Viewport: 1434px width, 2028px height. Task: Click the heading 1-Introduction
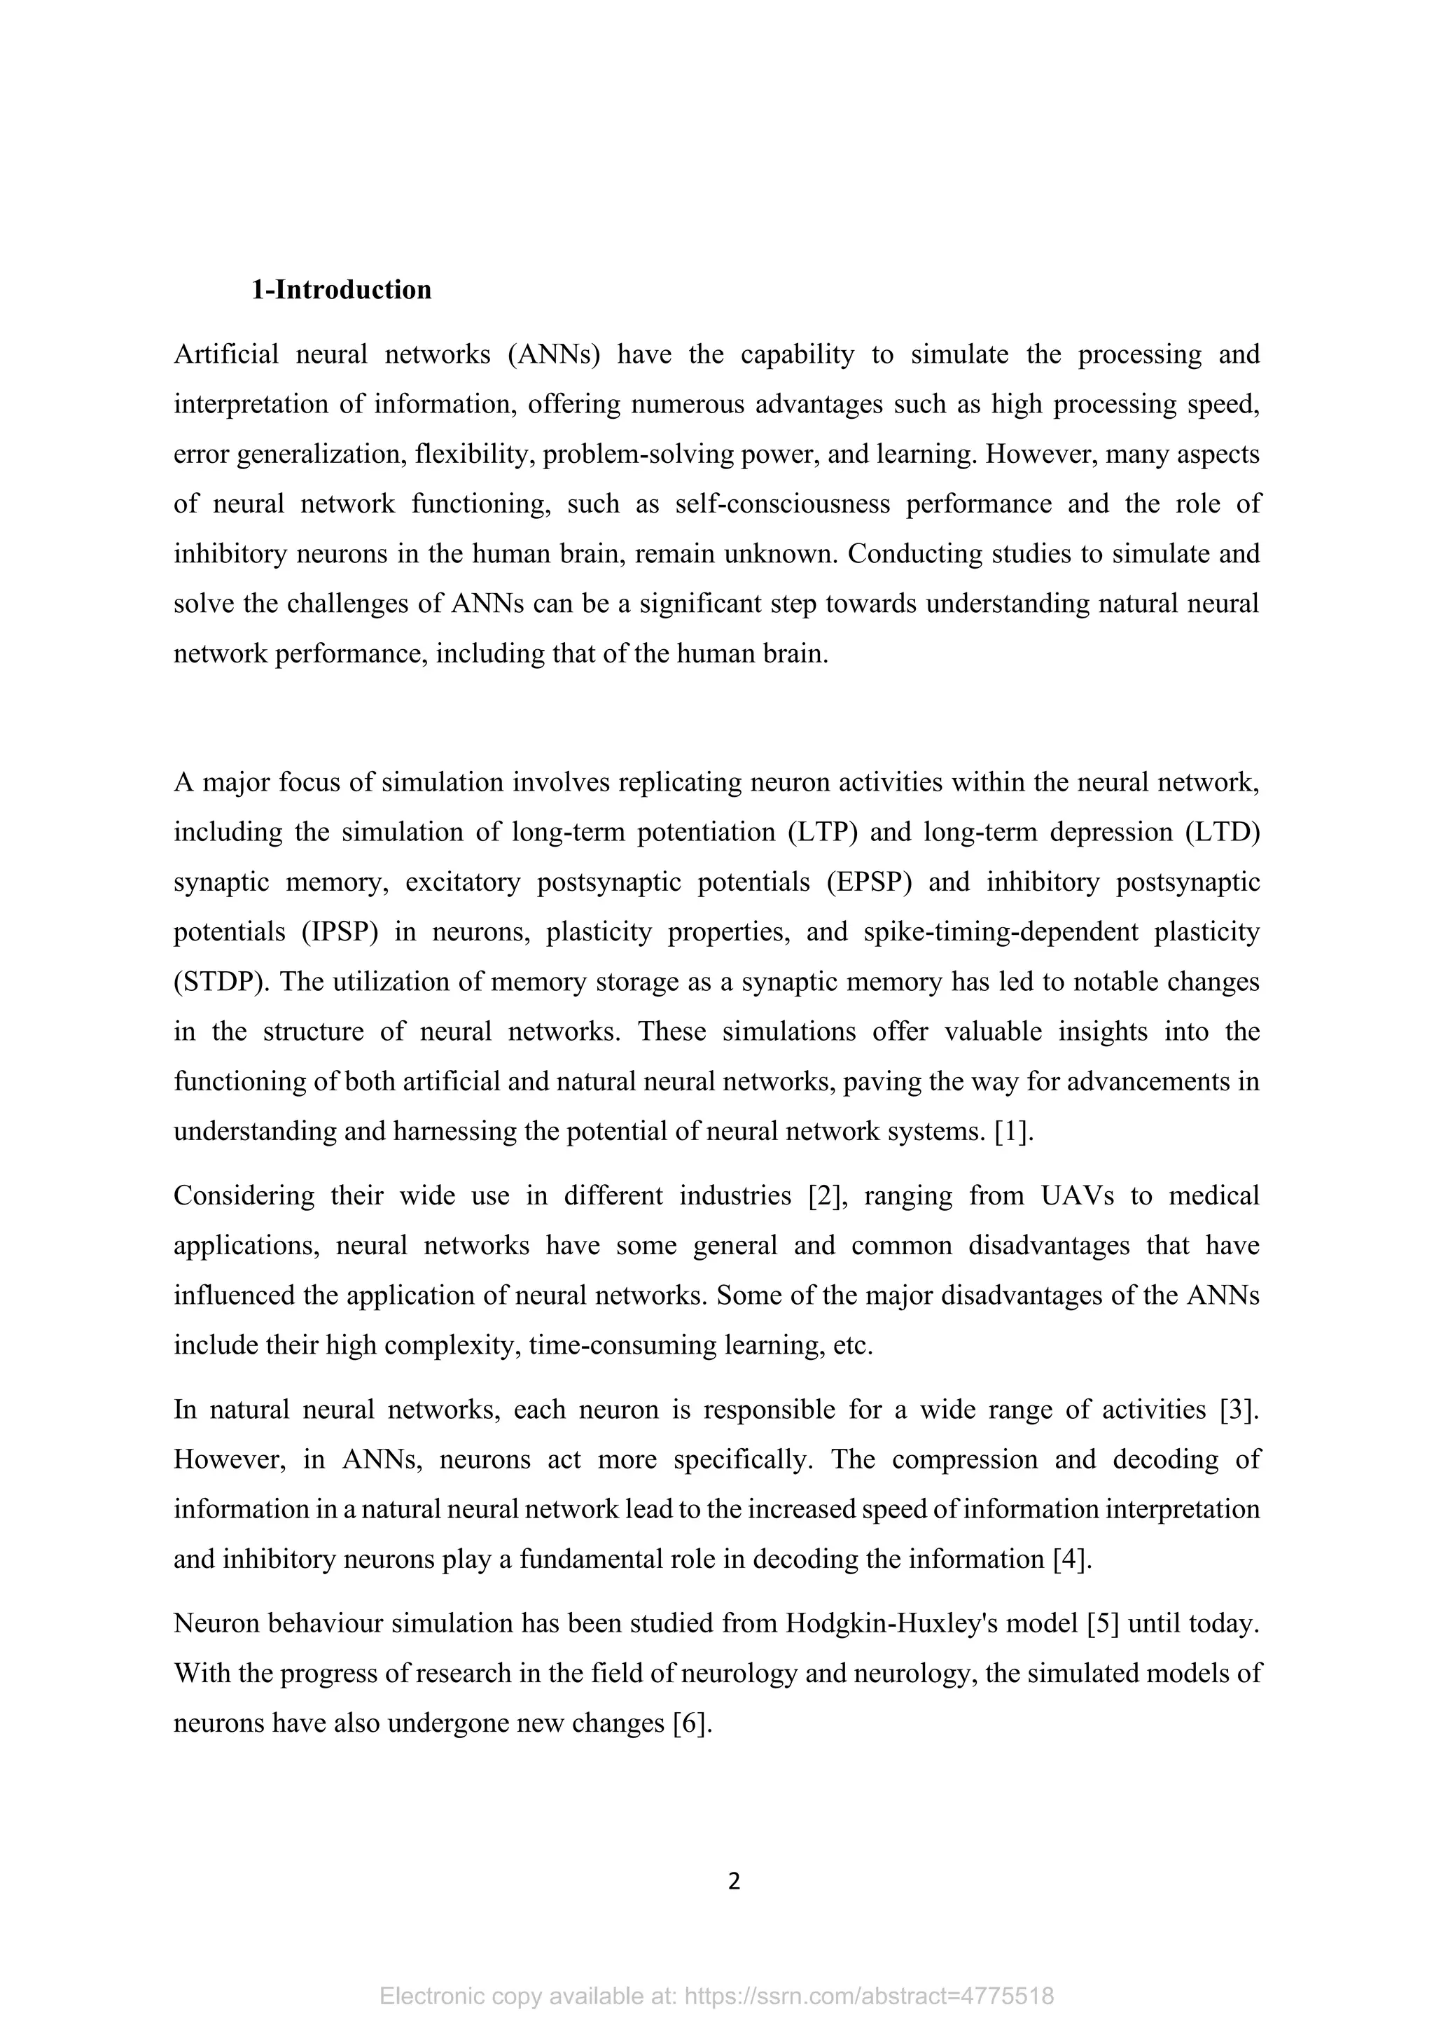[x=341, y=290]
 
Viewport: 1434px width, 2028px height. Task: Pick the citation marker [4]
[x=1073, y=1559]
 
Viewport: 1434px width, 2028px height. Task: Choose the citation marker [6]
[x=691, y=1723]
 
